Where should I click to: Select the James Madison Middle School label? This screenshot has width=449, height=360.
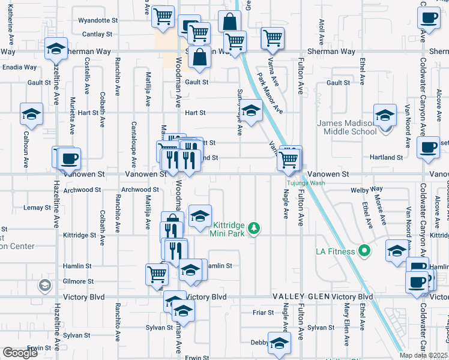346,128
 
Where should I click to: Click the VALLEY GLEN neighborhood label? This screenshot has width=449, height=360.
298,297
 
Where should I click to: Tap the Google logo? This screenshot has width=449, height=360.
20,353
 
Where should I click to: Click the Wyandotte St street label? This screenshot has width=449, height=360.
98,20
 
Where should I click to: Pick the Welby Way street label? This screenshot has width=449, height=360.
369,189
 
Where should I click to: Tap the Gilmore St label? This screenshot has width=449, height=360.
79,281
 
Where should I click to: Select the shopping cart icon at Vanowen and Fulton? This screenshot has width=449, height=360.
289,158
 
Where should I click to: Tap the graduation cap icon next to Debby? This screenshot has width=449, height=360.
279,343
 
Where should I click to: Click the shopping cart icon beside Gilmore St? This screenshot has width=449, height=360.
157,274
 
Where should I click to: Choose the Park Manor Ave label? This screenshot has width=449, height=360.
270,93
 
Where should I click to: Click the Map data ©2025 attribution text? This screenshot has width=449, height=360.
423,355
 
